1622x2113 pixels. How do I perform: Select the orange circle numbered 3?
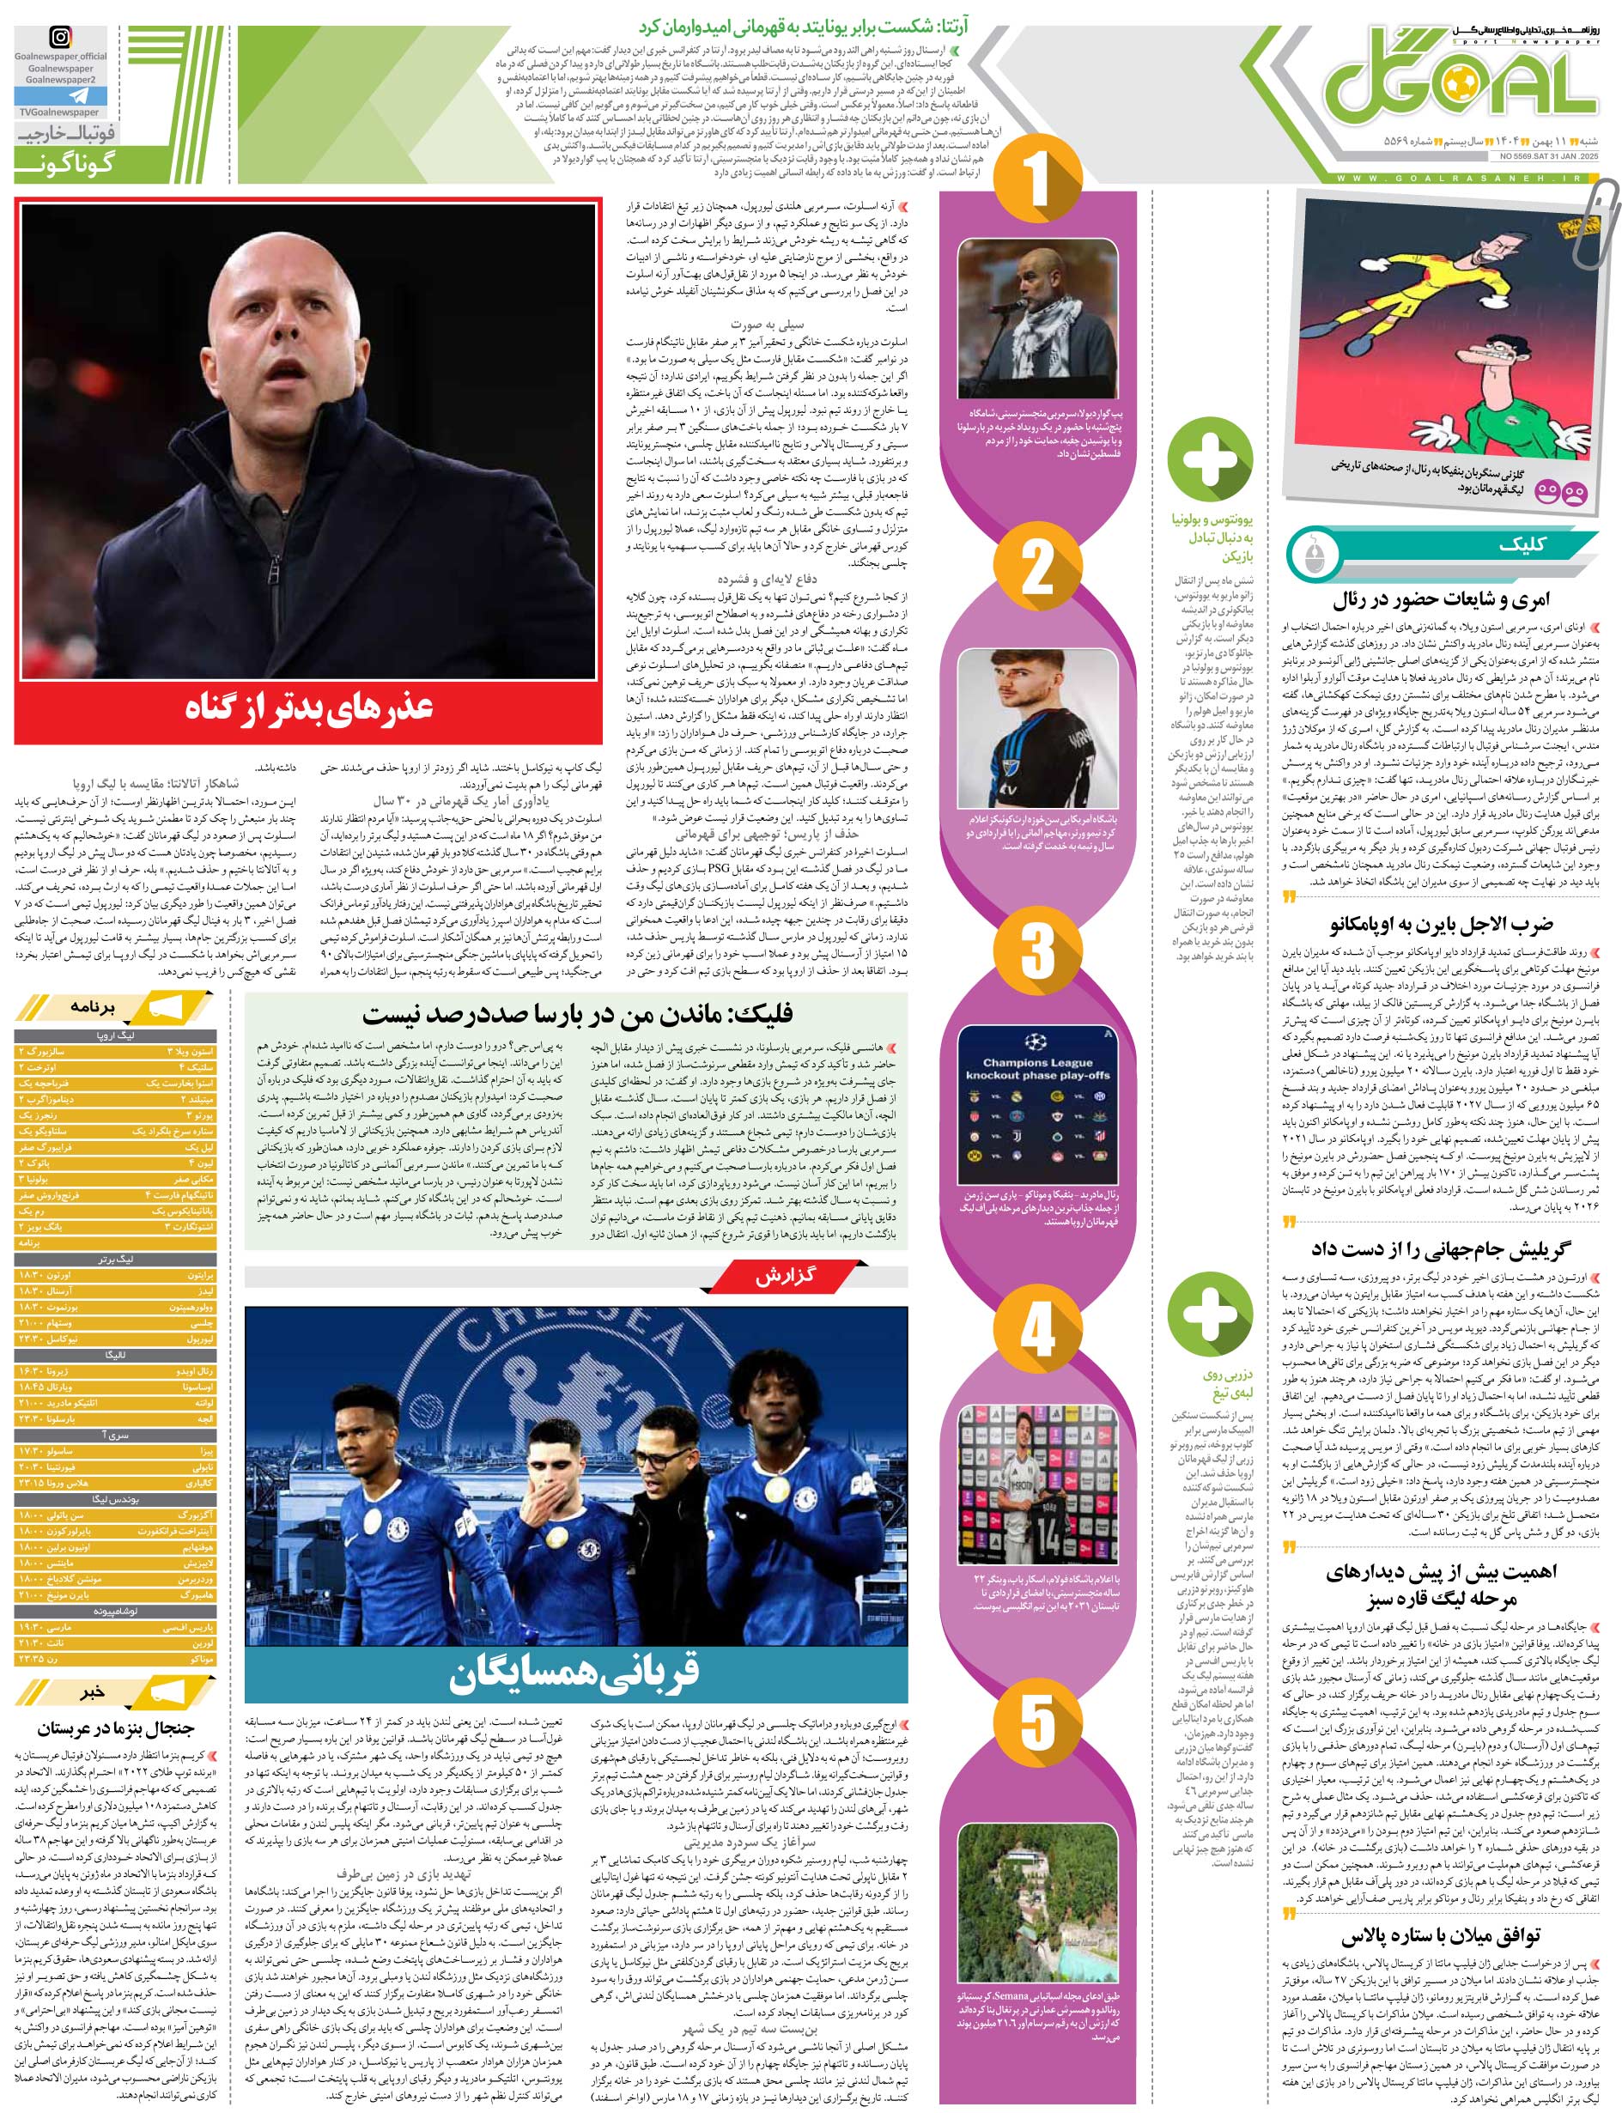[1037, 950]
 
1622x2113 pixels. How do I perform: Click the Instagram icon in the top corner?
[60, 39]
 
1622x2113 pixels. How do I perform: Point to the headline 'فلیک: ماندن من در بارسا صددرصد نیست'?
[577, 1013]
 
